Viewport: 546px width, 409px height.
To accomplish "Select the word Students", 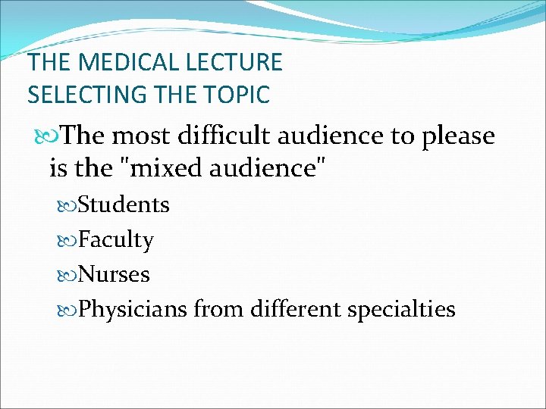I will [x=124, y=205].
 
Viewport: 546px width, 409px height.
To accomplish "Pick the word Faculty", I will [x=116, y=241].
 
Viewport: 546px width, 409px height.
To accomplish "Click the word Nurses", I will [x=114, y=274].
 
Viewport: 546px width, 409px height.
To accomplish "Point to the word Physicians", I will [x=133, y=310].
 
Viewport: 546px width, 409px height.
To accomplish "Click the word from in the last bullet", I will [x=219, y=309].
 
